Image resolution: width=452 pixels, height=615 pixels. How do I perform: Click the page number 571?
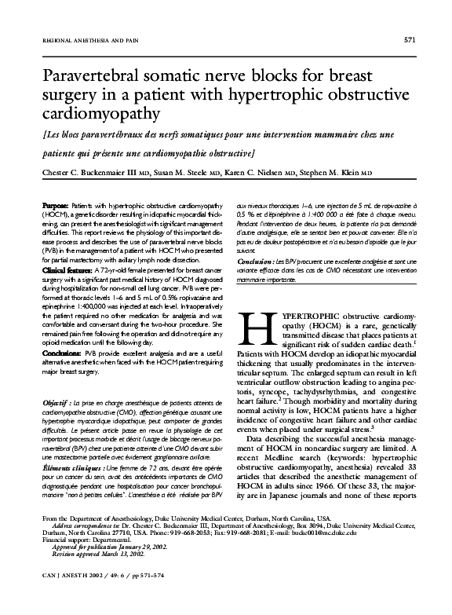[409, 38]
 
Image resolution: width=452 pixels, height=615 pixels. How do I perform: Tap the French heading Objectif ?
[60, 402]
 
